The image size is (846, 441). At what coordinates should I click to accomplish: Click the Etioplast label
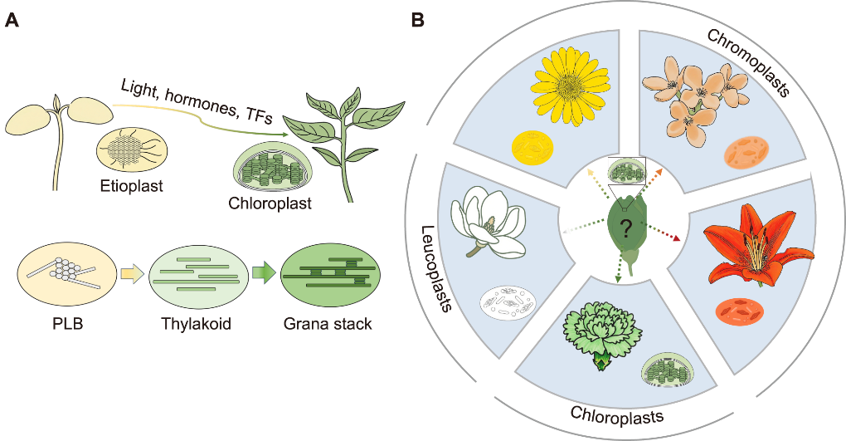(132, 187)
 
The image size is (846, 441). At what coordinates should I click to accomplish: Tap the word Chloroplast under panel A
(270, 203)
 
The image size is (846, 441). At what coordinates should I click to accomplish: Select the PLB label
(68, 324)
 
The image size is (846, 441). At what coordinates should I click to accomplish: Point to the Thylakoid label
(197, 324)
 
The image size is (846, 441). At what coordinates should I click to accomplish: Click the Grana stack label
(328, 324)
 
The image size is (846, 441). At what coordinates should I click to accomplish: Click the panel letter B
(417, 20)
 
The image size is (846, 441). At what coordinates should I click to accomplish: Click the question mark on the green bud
(625, 228)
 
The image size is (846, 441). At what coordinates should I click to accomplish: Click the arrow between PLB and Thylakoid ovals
(131, 274)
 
